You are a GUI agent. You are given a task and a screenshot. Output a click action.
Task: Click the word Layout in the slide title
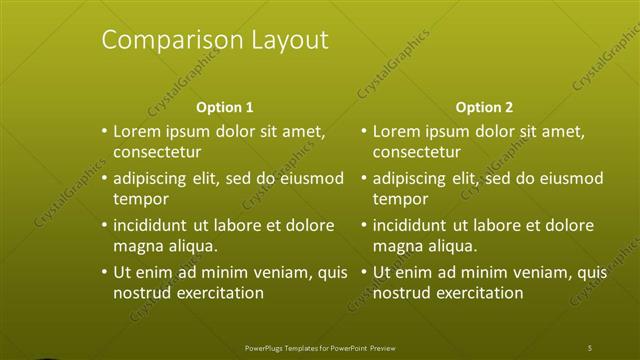[x=283, y=41]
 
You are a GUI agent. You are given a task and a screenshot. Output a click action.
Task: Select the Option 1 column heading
[x=225, y=107]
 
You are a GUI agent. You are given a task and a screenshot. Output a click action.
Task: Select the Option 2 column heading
[x=484, y=107]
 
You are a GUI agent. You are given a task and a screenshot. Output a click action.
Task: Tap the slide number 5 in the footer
[x=590, y=347]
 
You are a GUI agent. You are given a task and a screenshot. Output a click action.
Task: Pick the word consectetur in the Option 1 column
[x=158, y=152]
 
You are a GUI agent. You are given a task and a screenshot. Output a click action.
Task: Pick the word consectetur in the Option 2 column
[x=417, y=152]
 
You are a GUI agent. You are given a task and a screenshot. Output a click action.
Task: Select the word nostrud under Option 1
[x=142, y=293]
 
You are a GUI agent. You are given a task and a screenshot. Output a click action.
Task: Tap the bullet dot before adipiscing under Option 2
[x=365, y=178]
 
